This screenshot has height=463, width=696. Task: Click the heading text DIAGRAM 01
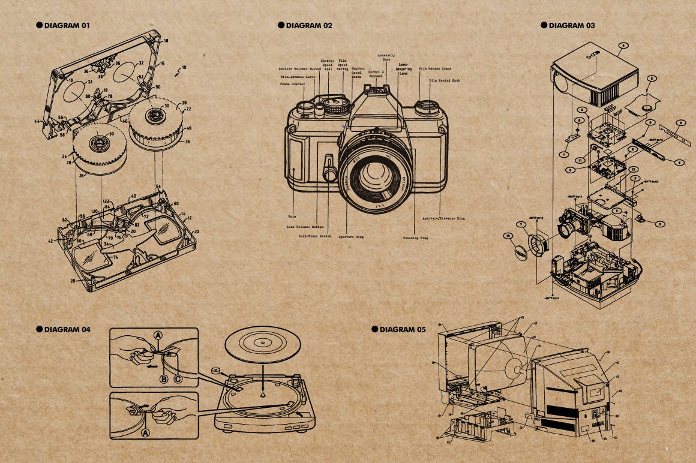[x=67, y=25]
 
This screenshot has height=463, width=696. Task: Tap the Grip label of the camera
[x=292, y=216]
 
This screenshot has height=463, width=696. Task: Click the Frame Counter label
[x=293, y=85]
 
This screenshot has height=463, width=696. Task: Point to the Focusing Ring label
[x=415, y=238]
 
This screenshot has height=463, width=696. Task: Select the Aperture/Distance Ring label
[x=443, y=218]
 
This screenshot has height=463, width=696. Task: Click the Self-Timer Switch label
[x=315, y=236]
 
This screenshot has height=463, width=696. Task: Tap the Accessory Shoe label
[x=386, y=58]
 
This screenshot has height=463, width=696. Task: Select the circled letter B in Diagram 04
[x=163, y=378]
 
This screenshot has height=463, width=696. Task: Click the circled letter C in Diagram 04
[x=178, y=378]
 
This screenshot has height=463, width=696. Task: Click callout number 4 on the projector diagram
[x=623, y=46]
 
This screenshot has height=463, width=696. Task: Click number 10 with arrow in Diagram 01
[x=184, y=68]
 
